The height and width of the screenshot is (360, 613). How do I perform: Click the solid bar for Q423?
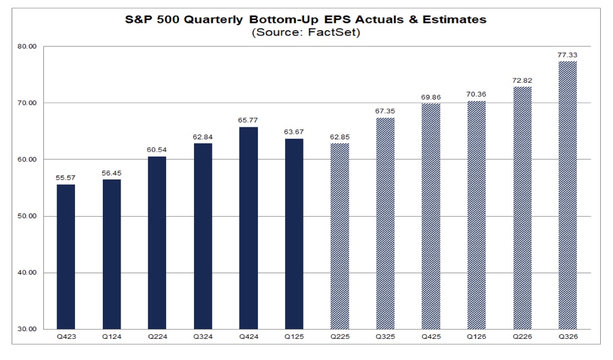click(66, 257)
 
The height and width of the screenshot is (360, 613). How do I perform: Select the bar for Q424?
click(248, 228)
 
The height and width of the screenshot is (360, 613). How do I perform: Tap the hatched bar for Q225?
click(340, 236)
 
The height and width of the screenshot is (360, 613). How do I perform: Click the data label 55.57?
click(66, 178)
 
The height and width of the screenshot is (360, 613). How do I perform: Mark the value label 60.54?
click(157, 149)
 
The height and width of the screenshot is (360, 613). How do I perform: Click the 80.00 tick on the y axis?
click(28, 47)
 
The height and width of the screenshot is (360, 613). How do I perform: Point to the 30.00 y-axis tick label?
click(28, 329)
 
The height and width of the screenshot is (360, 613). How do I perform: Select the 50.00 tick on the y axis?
click(28, 216)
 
